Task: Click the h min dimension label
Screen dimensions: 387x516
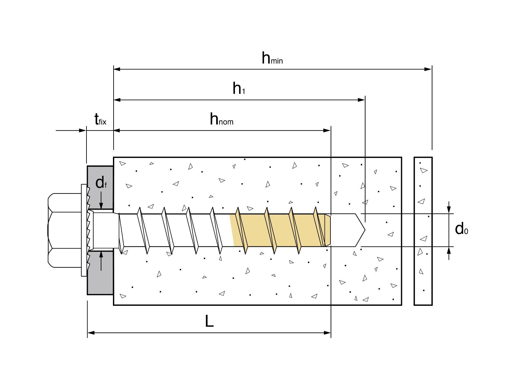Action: tap(272, 58)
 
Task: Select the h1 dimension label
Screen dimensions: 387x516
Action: tap(239, 88)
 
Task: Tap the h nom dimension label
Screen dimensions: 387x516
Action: tap(221, 119)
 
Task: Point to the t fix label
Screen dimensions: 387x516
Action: tap(100, 120)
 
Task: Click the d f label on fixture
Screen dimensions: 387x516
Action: tap(101, 183)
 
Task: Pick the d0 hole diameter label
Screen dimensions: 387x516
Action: tap(461, 229)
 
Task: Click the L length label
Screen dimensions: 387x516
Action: tap(209, 321)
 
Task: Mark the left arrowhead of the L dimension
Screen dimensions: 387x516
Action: tap(91, 333)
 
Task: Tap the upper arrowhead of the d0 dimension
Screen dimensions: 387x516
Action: tap(449, 210)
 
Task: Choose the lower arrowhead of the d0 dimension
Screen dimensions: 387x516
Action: tap(449, 251)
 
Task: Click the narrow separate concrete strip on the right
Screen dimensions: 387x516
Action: tap(423, 231)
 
